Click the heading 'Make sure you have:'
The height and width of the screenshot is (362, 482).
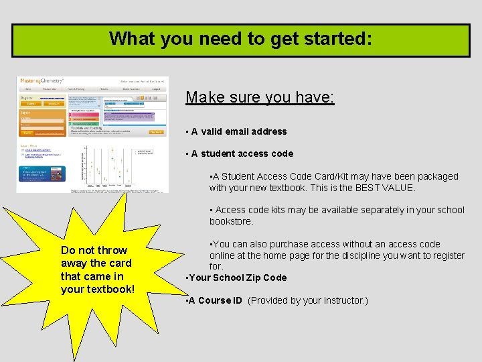(260, 97)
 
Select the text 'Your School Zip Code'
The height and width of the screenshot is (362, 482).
(238, 278)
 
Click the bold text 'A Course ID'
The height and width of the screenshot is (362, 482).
(216, 300)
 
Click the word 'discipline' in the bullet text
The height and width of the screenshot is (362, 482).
(366, 255)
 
